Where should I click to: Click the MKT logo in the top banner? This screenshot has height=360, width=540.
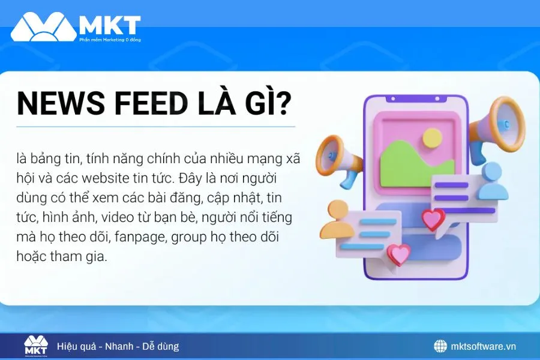(x=76, y=27)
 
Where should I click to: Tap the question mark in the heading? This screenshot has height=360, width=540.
(x=281, y=104)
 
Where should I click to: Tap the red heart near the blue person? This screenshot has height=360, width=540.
(x=433, y=219)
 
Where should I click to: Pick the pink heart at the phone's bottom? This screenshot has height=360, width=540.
(x=398, y=254)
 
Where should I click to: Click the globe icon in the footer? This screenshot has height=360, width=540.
(x=440, y=346)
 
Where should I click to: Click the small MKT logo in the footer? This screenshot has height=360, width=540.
(x=36, y=346)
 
